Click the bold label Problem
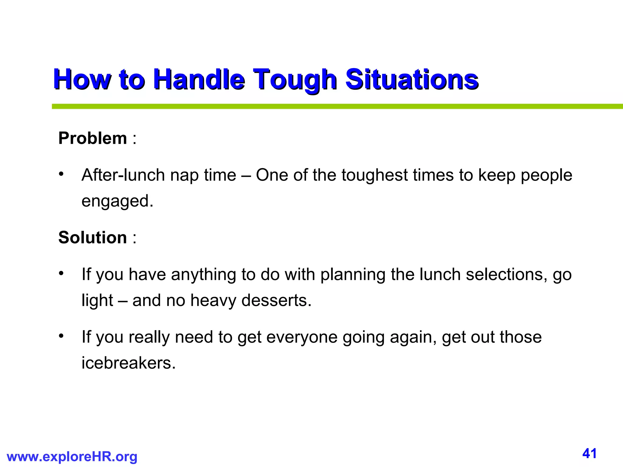[92, 138]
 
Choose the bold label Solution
[92, 237]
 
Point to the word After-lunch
[123, 175]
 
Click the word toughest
[374, 175]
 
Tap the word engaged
[117, 201]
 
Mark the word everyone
[302, 337]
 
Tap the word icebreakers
[128, 363]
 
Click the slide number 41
[590, 454]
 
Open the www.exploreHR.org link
[72, 457]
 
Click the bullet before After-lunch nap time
[61, 174]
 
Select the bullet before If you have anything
[61, 273]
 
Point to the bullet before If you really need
[61, 336]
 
